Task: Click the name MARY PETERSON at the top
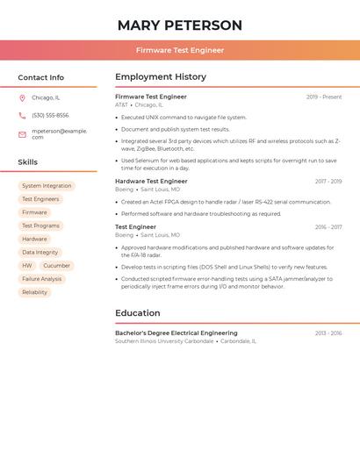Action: coord(179,25)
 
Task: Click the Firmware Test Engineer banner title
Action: coord(179,50)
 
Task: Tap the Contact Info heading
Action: coord(40,77)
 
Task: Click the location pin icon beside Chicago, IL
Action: coord(22,97)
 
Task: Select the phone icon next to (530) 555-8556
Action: coord(22,115)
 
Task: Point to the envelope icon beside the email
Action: coord(22,134)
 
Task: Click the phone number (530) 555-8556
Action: coord(50,115)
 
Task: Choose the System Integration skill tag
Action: coord(47,186)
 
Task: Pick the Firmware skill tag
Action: coord(34,212)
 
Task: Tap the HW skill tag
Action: coord(27,266)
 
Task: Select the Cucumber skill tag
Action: coord(56,266)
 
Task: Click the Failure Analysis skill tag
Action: coord(42,279)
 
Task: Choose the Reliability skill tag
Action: coord(34,292)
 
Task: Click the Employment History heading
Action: coord(160,77)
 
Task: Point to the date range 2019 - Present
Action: coord(324,97)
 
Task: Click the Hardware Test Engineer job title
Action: coord(151,181)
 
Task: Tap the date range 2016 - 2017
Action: coord(328,227)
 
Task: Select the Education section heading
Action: coord(137,313)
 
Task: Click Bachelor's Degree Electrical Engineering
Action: coord(176,333)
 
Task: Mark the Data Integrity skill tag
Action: coord(40,253)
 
